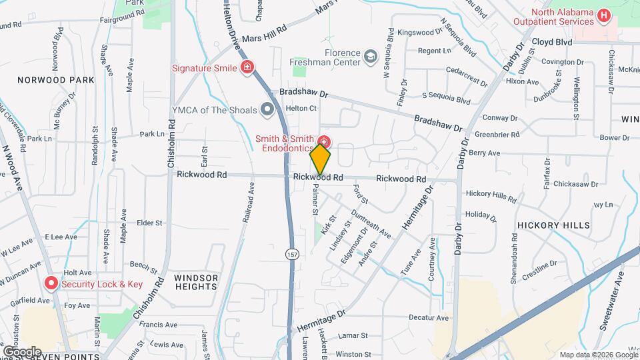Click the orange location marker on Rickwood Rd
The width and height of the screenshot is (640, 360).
321,159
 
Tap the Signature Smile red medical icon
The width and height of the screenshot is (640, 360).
247,67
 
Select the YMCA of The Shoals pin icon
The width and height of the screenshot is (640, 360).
268,109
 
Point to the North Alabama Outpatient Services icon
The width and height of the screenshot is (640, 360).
604,15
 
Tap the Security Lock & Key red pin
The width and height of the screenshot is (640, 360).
51,284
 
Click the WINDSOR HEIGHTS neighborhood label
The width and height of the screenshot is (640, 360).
196,281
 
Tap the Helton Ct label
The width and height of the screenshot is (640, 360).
301,108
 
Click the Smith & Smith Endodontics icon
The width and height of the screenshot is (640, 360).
324,141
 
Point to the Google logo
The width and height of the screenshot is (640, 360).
21,351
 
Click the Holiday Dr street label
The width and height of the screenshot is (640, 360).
477,214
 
